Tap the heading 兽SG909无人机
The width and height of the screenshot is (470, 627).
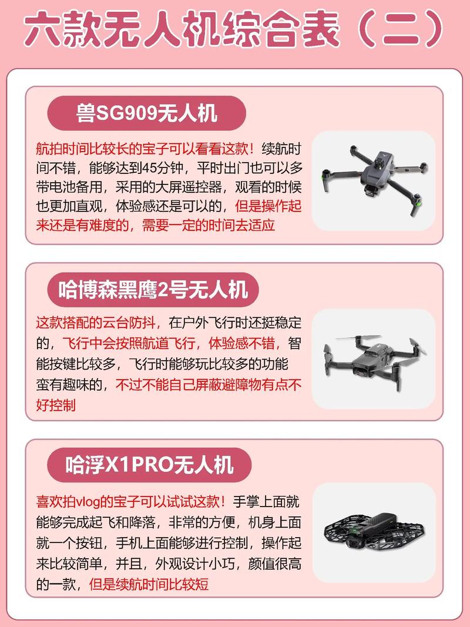click(x=146, y=113)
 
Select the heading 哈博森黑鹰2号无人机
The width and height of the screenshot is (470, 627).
click(x=153, y=289)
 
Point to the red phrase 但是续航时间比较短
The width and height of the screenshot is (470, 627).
click(x=148, y=584)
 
